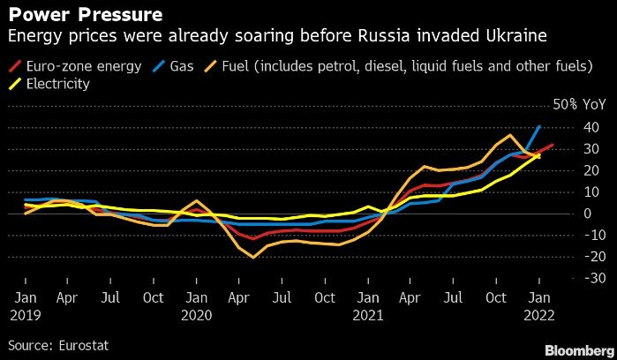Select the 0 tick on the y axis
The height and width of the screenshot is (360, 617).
pos(568,213)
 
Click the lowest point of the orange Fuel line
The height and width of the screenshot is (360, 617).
pos(254,258)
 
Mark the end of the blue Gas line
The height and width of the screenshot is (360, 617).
pos(538,126)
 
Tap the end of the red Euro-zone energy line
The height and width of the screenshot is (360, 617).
pos(553,146)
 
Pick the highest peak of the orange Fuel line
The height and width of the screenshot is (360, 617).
pos(510,135)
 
